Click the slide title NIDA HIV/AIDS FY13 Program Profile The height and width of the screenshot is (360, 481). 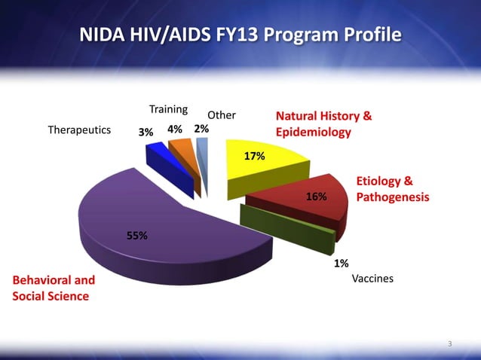pos(240,35)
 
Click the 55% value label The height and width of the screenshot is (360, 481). pos(136,235)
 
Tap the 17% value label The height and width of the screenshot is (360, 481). pos(253,156)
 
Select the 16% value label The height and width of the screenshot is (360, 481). pos(316,197)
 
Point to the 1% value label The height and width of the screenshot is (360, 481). pos(341,263)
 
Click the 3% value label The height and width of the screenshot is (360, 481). pos(146,131)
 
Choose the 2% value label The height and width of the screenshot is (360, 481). pos(201,129)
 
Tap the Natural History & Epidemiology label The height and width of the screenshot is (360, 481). pos(323,124)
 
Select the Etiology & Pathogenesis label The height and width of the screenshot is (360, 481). pos(392,189)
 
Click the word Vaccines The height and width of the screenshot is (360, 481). pos(372,279)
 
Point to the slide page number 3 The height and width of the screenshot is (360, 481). pos(449,344)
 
